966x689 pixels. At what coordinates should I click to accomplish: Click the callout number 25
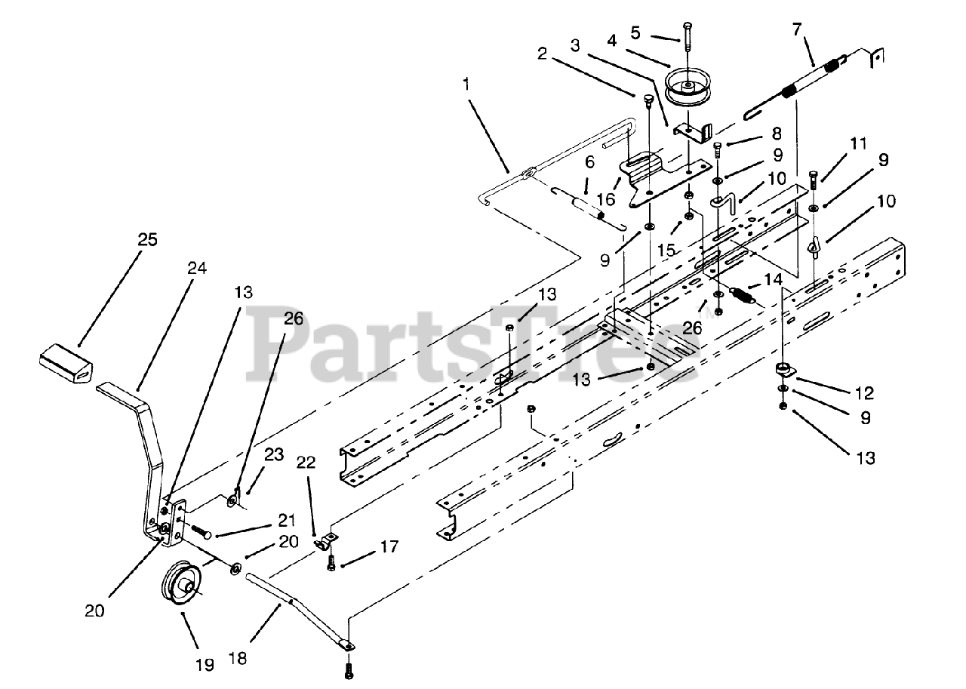[x=147, y=241]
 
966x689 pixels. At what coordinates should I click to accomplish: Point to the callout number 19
[x=204, y=664]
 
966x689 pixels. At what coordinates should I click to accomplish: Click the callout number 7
[x=798, y=31]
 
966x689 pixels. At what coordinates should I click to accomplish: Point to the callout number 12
[x=864, y=393]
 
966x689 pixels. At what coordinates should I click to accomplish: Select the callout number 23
[x=274, y=455]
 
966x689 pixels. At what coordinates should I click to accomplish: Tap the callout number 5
[x=635, y=33]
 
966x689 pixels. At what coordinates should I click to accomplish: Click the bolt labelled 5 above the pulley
[x=688, y=36]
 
